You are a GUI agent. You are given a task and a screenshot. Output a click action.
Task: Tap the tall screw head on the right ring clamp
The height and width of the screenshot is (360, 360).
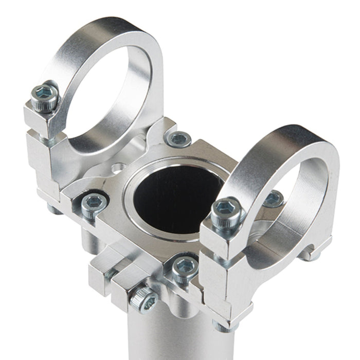point(226,211)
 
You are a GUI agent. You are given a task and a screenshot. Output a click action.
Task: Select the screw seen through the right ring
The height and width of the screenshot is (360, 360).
point(274,199)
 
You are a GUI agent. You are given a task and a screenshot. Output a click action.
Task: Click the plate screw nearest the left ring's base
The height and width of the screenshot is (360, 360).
point(179,138)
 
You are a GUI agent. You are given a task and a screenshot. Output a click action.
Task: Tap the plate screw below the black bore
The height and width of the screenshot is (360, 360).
point(184,268)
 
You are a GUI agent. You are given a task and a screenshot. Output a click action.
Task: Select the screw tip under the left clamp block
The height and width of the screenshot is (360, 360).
point(55,208)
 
